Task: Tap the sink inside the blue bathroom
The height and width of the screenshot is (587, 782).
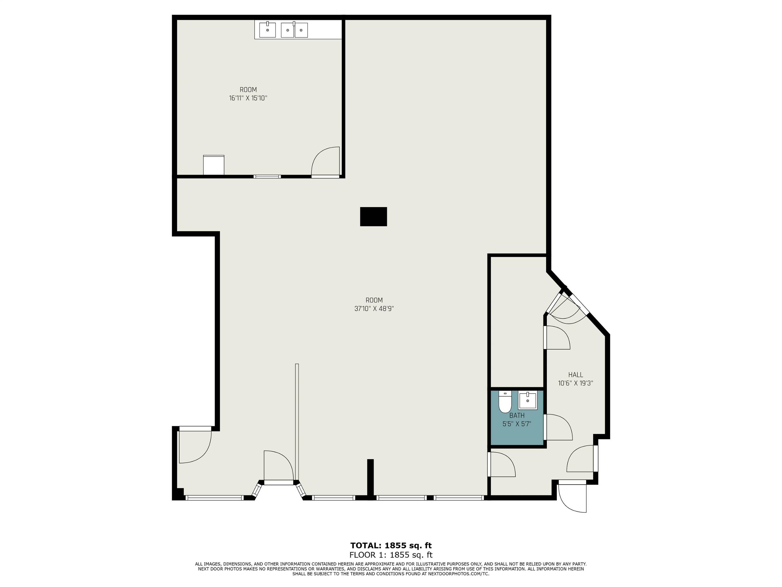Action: (x=527, y=400)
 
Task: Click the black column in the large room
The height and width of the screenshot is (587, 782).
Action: (x=373, y=217)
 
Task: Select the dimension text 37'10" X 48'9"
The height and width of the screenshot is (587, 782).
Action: (x=374, y=308)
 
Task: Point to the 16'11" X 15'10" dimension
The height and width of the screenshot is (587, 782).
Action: (x=248, y=98)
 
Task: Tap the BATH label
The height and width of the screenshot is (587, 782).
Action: (x=517, y=415)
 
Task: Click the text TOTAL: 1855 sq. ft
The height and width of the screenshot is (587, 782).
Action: (x=391, y=545)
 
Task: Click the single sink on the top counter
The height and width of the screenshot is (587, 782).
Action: (x=268, y=30)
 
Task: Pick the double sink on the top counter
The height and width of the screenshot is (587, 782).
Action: (x=294, y=30)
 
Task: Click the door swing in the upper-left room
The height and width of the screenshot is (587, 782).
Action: (x=325, y=161)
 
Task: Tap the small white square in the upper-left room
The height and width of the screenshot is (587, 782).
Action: (x=213, y=165)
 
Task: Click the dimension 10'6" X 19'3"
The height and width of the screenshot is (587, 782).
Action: (x=576, y=383)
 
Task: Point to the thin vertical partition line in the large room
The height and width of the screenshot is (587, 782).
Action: (x=297, y=422)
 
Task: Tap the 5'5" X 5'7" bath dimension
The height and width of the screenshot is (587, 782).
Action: (x=517, y=424)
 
